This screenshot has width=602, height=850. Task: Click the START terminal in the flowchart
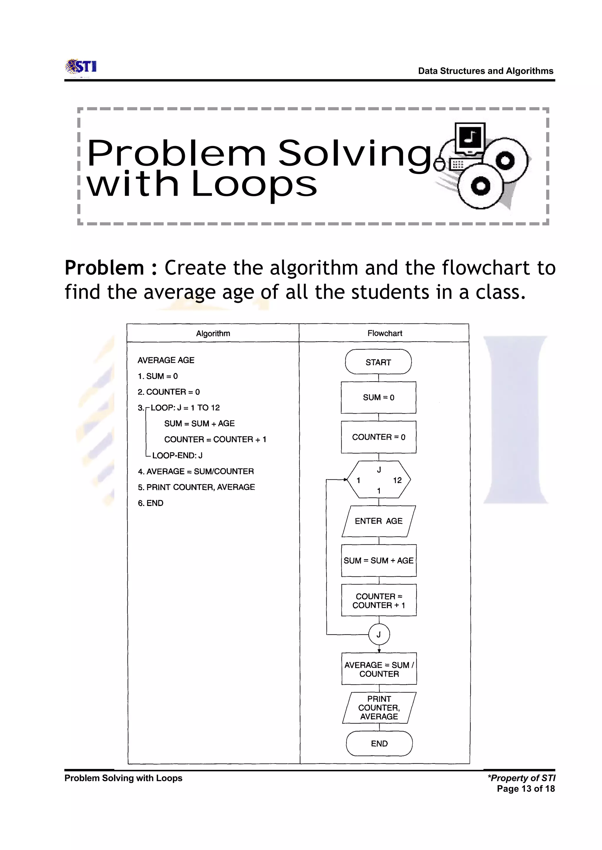[x=378, y=362]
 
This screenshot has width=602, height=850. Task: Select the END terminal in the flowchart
[x=379, y=743]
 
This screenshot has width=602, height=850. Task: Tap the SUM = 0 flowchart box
[x=379, y=397]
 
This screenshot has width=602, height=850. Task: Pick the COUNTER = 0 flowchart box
[x=379, y=437]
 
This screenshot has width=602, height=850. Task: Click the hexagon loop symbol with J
[x=379, y=480]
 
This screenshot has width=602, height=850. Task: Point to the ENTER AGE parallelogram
[x=379, y=521]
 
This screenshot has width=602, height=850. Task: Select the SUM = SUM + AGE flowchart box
[x=379, y=560]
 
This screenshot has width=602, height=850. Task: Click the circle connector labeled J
[x=379, y=634]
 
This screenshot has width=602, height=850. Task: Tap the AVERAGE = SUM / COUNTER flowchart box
[x=379, y=669]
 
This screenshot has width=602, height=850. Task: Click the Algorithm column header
[x=213, y=333]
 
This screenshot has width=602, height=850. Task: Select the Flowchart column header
[x=384, y=333]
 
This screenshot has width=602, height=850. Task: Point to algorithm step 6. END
[x=150, y=503]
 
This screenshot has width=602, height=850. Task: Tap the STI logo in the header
[x=81, y=67]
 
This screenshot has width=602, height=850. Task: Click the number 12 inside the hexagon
[x=397, y=480]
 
